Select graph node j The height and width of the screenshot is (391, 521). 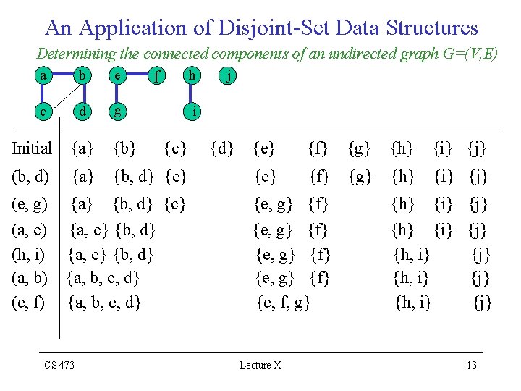coord(229,75)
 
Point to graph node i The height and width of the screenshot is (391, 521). coord(192,112)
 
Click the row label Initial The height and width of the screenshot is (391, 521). coord(32,149)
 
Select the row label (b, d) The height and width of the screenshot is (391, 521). coord(30,177)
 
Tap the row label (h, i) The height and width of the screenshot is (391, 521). coord(30,254)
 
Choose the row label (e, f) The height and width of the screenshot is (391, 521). coord(30,300)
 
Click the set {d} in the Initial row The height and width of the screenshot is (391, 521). coord(221,149)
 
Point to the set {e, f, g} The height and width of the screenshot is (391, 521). coord(284,301)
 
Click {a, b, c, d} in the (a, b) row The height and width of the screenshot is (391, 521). coord(103,277)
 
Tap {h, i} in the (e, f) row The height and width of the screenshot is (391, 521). coord(413,301)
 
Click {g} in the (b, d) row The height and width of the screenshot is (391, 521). coord(360,177)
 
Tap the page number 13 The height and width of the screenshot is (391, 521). coord(472,365)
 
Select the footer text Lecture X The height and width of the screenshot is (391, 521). coord(260,365)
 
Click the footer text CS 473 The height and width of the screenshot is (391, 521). coord(59,365)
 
